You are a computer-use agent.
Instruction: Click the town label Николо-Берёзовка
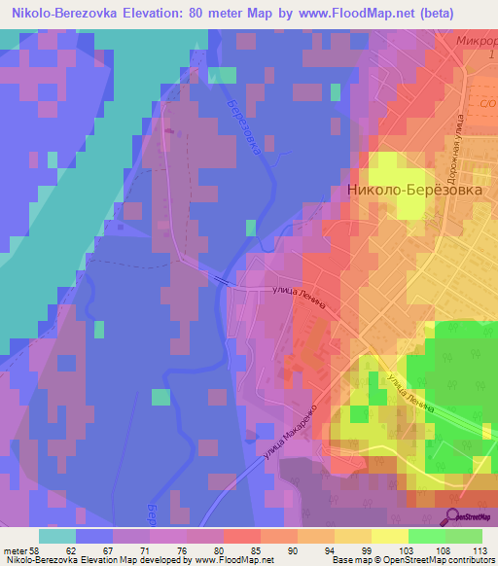point(414,192)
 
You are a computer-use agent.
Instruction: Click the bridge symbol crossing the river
point(223,280)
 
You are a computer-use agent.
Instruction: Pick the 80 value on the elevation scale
point(218,549)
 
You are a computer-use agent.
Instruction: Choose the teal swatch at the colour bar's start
point(56,535)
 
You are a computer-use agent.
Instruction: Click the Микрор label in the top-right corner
point(477,42)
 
